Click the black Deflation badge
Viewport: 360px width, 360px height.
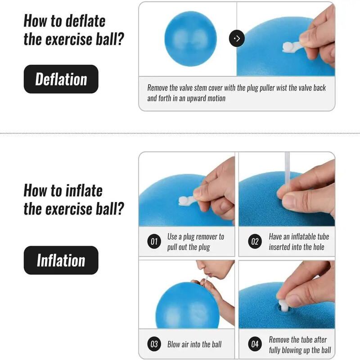point(61,79)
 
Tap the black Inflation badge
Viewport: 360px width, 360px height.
point(61,260)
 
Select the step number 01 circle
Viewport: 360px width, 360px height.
point(154,242)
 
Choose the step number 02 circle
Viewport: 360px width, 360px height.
point(255,242)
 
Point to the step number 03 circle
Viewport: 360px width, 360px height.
point(154,345)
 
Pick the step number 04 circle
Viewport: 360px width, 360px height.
point(255,345)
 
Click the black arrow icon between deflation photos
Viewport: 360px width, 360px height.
point(237,38)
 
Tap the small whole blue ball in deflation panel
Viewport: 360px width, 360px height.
point(190,38)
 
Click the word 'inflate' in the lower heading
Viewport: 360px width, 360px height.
point(79,190)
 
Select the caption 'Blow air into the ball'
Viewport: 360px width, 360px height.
point(194,345)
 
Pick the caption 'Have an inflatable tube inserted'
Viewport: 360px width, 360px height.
point(299,242)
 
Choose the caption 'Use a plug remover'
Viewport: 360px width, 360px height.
point(195,242)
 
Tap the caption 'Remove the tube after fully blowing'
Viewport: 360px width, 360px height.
point(300,345)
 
